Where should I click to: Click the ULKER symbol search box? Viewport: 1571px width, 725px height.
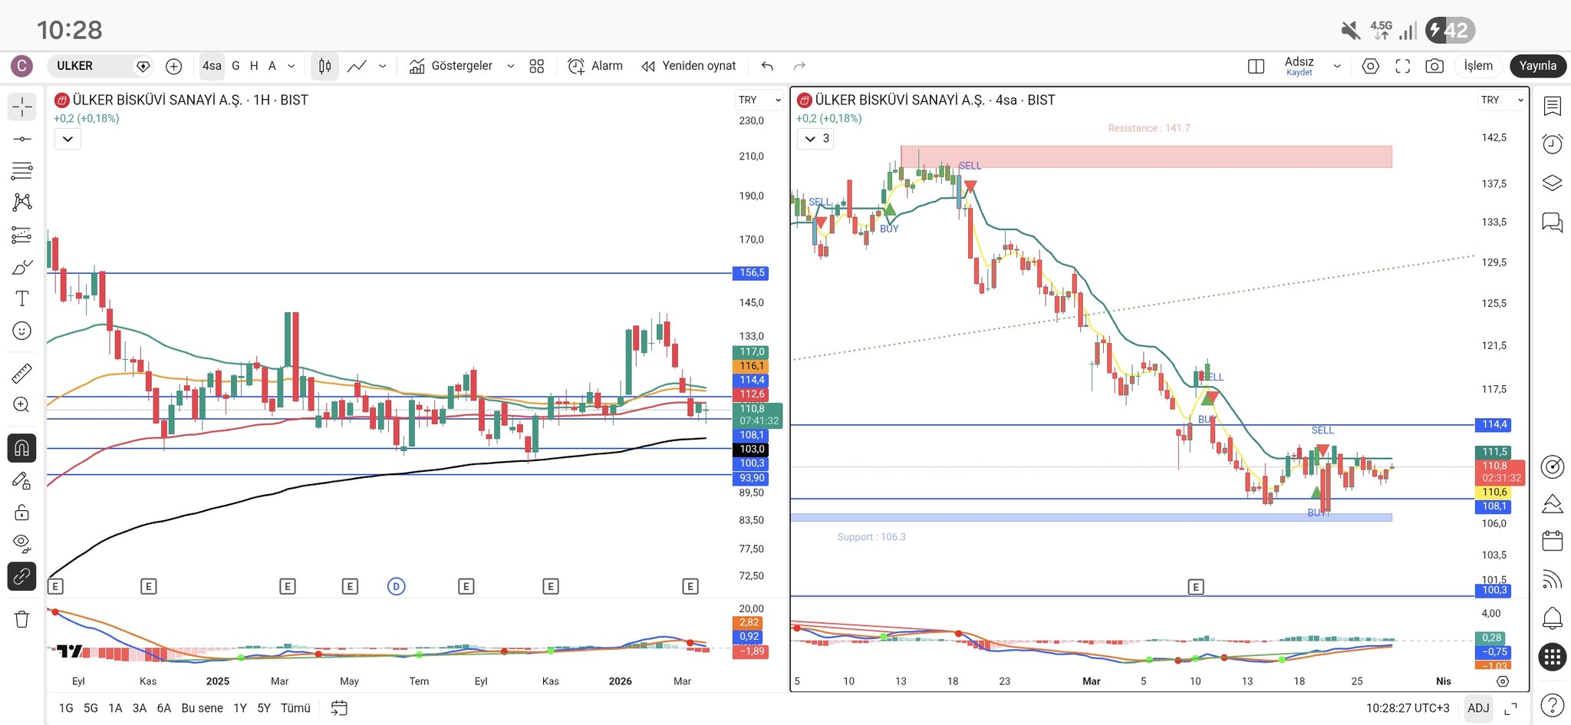coord(88,66)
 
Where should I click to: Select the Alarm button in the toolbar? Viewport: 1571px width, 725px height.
coord(595,66)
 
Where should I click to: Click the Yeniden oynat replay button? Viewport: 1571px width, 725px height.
coord(689,66)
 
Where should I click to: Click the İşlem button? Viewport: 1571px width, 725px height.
coord(1478,66)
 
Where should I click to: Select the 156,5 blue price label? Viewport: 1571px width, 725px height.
coord(752,273)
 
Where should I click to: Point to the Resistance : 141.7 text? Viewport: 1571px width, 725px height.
coord(1148,128)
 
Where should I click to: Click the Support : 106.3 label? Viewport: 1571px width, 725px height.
coord(871,537)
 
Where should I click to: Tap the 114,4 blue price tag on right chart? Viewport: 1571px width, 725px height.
coord(1494,424)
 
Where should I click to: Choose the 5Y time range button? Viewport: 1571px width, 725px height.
coord(264,708)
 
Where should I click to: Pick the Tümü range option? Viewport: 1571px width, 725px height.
coord(295,708)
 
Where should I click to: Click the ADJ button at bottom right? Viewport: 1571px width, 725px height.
coord(1477,708)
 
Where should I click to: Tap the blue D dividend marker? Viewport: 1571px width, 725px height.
coord(396,587)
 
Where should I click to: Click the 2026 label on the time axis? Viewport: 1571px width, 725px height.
coord(620,681)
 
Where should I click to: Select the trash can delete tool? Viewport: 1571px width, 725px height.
coord(21,619)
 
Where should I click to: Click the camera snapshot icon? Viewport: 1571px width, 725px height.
coord(1434,66)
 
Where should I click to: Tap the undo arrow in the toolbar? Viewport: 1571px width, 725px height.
coord(767,66)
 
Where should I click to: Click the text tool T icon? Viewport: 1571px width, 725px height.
coord(21,298)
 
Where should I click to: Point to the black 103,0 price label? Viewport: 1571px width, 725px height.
coord(752,450)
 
